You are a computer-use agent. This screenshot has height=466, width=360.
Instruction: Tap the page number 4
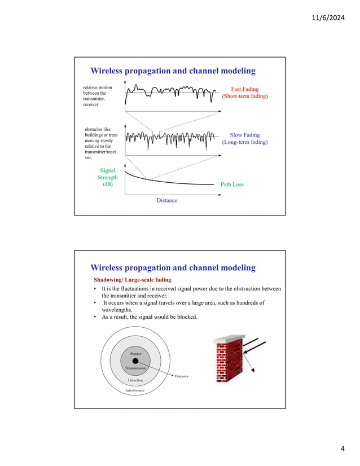coord(343,449)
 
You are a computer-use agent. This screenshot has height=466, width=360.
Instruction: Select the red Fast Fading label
coord(245,89)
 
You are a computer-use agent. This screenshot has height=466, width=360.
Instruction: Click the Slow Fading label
coord(245,135)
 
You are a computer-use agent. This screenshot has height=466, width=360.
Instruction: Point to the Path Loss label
coord(231,184)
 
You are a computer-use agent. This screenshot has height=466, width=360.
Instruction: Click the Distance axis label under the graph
coord(166,200)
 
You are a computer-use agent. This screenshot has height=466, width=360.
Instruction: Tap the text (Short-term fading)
coord(245,96)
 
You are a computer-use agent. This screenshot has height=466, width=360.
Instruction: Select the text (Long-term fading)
coord(245,142)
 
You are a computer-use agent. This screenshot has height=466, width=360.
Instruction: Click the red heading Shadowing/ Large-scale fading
coord(132,280)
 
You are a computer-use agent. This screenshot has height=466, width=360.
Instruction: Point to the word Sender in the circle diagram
coord(135,353)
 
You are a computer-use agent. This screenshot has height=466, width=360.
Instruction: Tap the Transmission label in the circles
coord(135,368)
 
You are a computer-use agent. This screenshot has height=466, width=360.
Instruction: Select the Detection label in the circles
coord(135,380)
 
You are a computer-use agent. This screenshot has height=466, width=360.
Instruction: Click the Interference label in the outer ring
coord(135,390)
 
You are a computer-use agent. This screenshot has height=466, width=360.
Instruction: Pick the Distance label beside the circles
coord(182,376)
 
